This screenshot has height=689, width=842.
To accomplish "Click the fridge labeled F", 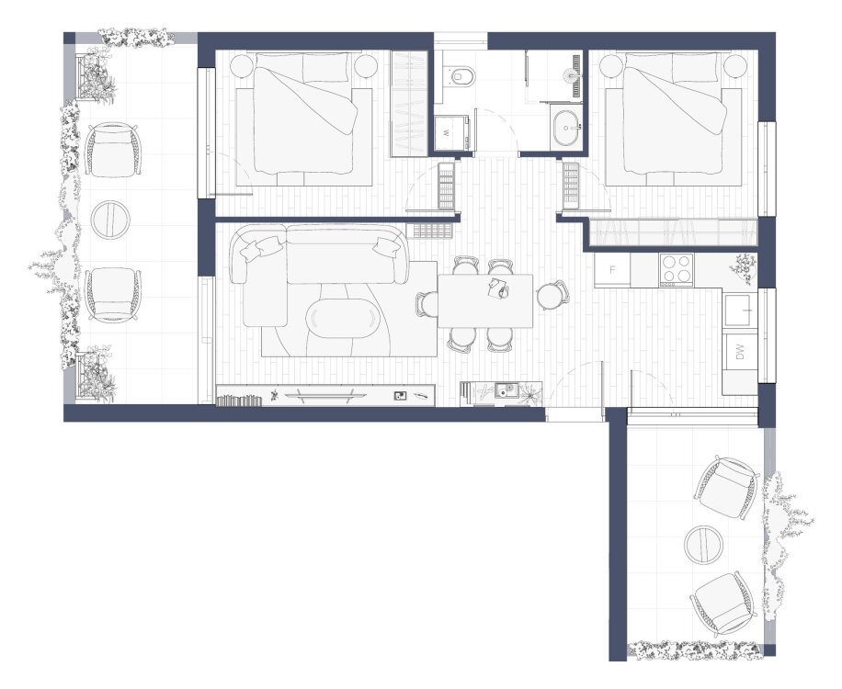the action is tap(612, 269).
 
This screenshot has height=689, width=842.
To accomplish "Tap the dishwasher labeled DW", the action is tap(740, 352).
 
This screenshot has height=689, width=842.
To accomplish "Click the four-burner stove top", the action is tap(677, 268).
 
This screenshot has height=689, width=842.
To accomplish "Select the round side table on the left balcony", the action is tap(110, 220).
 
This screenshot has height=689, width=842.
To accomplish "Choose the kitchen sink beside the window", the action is tap(740, 311).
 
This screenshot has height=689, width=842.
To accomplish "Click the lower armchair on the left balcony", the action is tap(113, 295).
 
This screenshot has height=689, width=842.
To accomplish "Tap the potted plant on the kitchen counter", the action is tap(744, 267).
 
